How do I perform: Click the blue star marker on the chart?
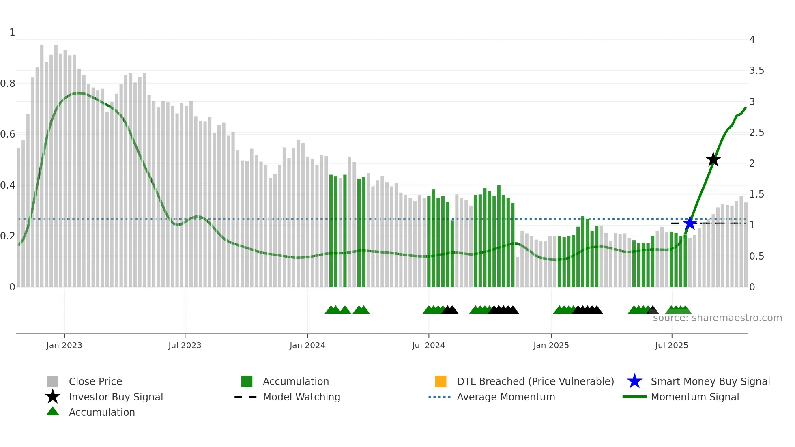[x=690, y=223]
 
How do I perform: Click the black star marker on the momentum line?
[x=713, y=159]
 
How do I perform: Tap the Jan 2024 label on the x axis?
[x=307, y=345]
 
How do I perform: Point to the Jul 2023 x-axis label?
[x=185, y=345]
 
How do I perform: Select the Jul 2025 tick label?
[x=671, y=345]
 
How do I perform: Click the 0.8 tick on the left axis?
[x=8, y=84]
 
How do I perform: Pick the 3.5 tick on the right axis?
[x=756, y=71]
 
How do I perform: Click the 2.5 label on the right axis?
[x=756, y=133]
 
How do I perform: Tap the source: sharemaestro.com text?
[x=717, y=318]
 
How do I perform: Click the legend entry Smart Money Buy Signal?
[x=710, y=381]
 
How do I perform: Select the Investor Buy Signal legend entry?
[x=116, y=397]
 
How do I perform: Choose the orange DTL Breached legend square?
[x=440, y=381]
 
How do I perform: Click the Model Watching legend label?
[x=301, y=397]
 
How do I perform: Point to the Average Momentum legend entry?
[x=505, y=397]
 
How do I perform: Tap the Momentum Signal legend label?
[x=694, y=397]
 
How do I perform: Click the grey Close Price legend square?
[x=53, y=381]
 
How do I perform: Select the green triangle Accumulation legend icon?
[x=53, y=411]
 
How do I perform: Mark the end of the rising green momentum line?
[x=746, y=107]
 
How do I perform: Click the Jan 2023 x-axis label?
[x=64, y=345]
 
